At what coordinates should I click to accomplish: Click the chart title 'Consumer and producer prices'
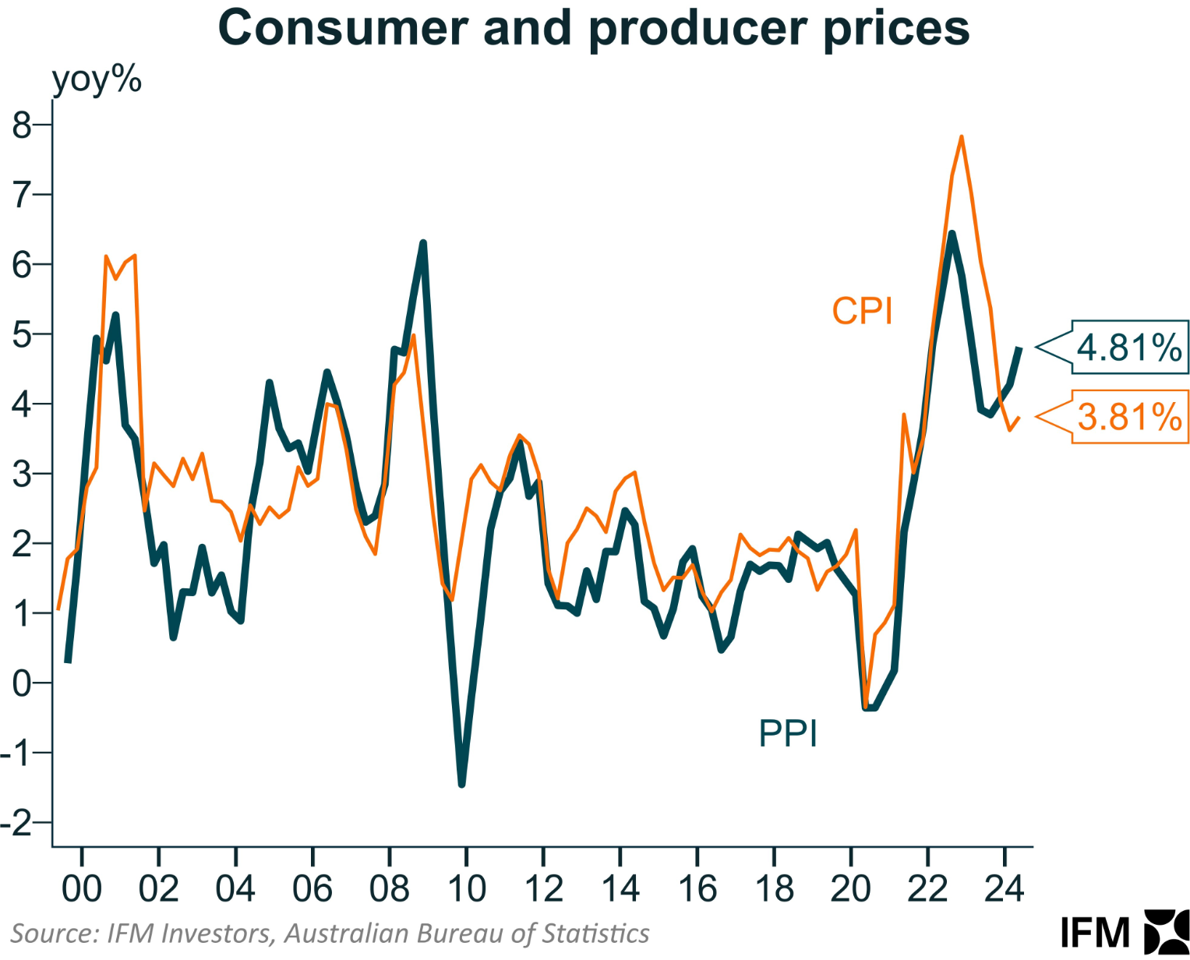[594, 28]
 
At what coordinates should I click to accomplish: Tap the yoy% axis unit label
[97, 79]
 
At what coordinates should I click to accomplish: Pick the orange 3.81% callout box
[1129, 417]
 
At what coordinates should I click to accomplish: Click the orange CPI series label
[861, 312]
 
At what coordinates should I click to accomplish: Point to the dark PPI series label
[788, 734]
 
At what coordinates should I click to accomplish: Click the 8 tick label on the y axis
[22, 125]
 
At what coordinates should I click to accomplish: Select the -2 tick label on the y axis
[17, 822]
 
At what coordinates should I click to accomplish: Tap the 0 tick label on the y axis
[22, 683]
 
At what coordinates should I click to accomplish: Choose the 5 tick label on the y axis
[22, 334]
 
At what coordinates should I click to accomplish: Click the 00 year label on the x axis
[81, 888]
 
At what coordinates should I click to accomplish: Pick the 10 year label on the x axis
[466, 888]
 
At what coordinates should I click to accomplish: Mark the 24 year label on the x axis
[1005, 888]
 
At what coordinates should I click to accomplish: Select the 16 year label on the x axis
[697, 888]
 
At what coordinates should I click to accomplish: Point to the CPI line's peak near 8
[962, 138]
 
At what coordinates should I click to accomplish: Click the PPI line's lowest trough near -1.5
[462, 784]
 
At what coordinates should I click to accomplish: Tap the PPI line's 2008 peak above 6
[423, 244]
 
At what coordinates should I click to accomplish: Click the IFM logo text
[1095, 933]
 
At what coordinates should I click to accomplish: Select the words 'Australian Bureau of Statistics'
[467, 933]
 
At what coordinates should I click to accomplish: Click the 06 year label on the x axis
[312, 888]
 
